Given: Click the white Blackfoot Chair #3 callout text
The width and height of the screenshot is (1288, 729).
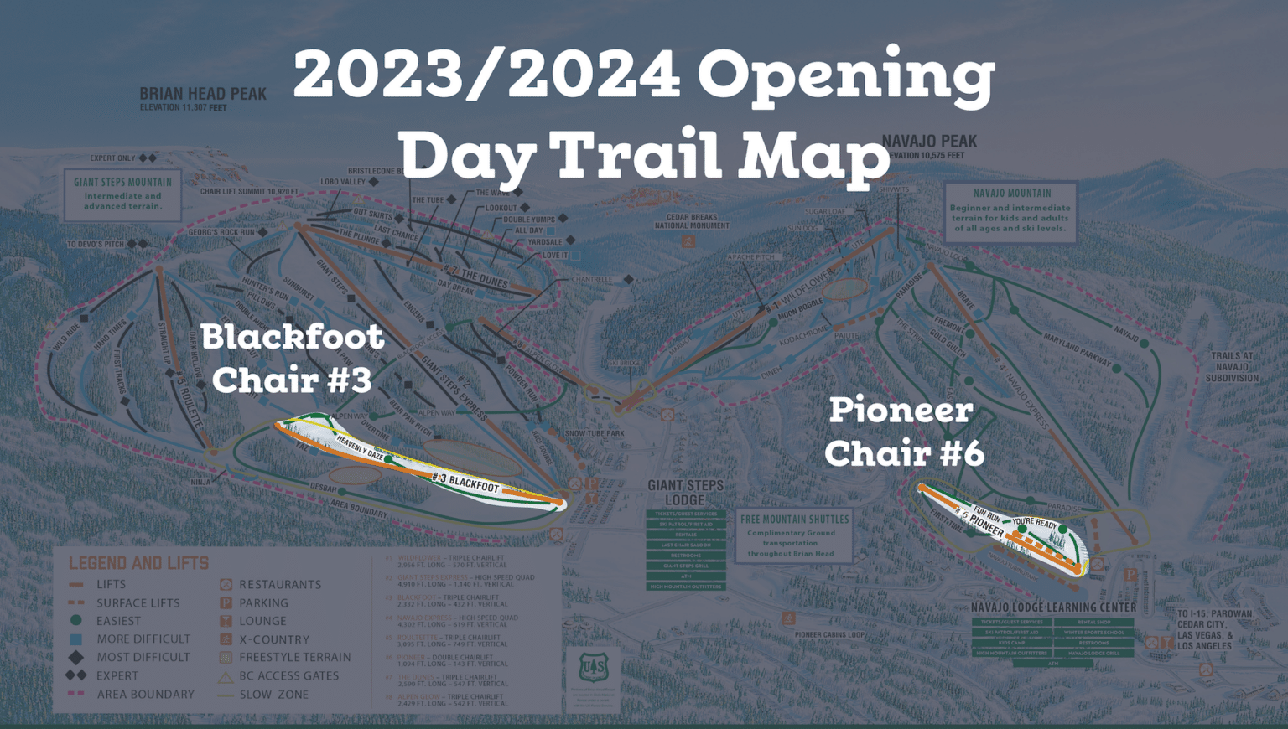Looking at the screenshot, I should tap(292, 358).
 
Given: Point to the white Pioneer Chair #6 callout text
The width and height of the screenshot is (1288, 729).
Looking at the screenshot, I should tap(903, 432).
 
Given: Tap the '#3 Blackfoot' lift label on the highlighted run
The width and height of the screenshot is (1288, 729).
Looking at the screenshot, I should tap(465, 482).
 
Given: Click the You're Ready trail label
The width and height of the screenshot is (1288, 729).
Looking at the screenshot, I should tap(1035, 523).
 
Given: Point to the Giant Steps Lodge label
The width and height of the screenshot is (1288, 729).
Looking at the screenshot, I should tap(685, 492).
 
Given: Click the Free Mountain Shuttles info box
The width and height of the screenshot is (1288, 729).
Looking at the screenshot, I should tap(794, 535).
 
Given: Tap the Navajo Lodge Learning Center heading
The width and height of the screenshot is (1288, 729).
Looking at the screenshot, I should tap(1053, 607).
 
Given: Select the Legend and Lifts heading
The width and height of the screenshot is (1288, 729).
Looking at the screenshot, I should tap(138, 563).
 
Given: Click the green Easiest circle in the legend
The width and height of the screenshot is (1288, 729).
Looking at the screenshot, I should tap(76, 621).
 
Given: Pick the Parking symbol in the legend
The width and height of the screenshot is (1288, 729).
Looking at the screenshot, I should tap(226, 602).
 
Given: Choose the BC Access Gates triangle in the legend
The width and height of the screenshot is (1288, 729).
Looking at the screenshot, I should tap(226, 676).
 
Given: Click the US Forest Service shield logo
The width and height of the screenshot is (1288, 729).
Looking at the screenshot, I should tap(593, 668).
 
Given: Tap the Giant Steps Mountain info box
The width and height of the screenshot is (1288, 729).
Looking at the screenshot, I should tap(122, 194).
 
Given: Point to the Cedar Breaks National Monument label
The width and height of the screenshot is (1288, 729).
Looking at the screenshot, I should tap(692, 221).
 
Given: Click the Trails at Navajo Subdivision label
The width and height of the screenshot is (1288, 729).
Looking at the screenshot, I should tap(1232, 367).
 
